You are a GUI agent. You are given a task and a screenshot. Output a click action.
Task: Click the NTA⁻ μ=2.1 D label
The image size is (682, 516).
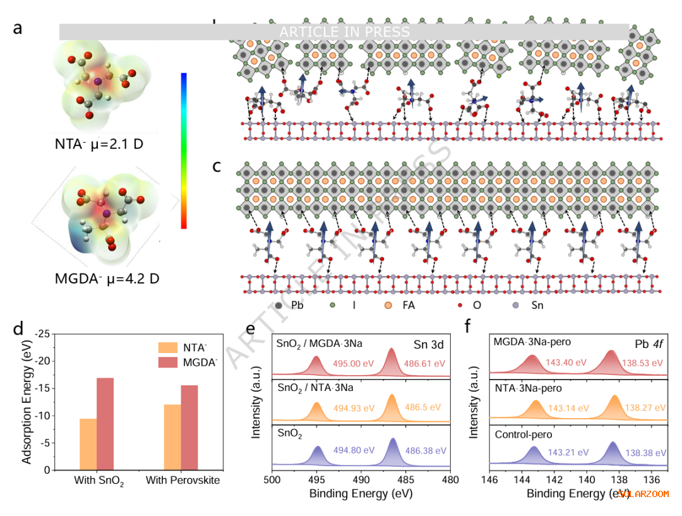(99, 144)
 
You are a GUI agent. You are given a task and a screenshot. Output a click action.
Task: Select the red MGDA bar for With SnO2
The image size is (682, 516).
(105, 424)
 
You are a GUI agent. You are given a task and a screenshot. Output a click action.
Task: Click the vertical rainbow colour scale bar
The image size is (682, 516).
(183, 150)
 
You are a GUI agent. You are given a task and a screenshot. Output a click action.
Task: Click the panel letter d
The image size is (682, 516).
(18, 328)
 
